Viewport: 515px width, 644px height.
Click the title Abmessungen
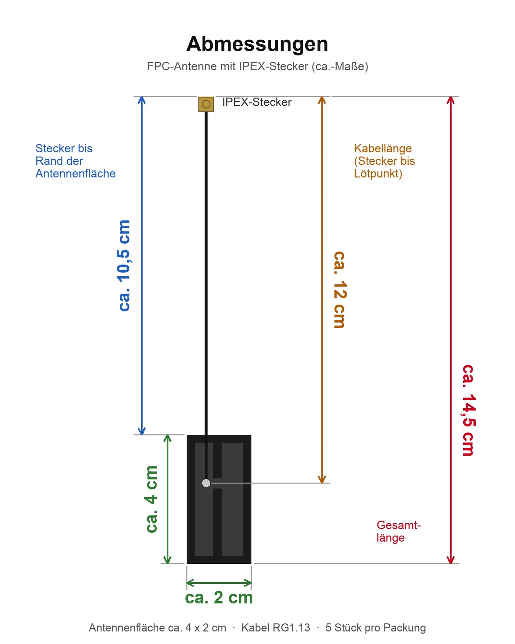pyautogui.click(x=257, y=44)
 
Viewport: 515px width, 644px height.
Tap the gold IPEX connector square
pyautogui.click(x=206, y=104)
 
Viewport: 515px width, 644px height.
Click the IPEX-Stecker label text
pyautogui.click(x=257, y=102)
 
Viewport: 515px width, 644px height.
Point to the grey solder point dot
pyautogui.click(x=206, y=483)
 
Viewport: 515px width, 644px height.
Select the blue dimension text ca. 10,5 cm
pyautogui.click(x=124, y=266)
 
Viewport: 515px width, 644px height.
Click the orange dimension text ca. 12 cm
pyautogui.click(x=339, y=290)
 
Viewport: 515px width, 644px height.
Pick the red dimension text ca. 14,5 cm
pyautogui.click(x=468, y=410)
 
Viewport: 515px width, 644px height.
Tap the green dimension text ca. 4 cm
pyautogui.click(x=151, y=499)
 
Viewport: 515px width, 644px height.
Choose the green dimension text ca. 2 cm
pyautogui.click(x=219, y=598)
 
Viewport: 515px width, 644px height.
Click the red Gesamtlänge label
pyautogui.click(x=398, y=531)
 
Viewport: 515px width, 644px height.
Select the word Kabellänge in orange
pyautogui.click(x=383, y=148)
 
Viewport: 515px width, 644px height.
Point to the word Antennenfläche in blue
pyautogui.click(x=76, y=174)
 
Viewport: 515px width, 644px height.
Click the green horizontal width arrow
pyautogui.click(x=219, y=583)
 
